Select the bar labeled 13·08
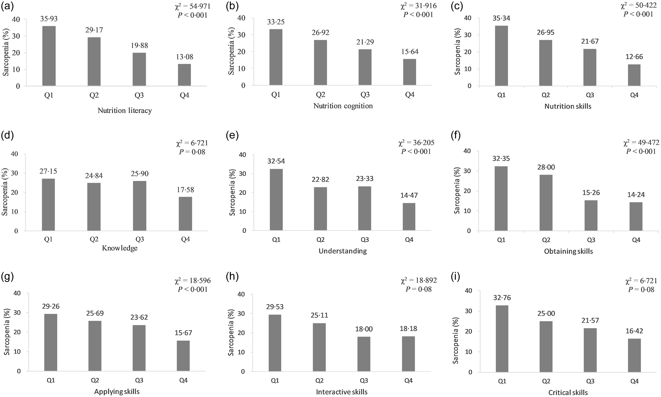(184, 75)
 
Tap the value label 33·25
(276, 22)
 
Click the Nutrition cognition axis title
(343, 106)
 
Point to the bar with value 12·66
(634, 75)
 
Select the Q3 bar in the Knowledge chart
(139, 206)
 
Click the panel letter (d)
(7, 136)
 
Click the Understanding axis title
(343, 251)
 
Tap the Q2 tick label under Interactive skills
(320, 380)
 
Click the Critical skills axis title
(568, 392)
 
